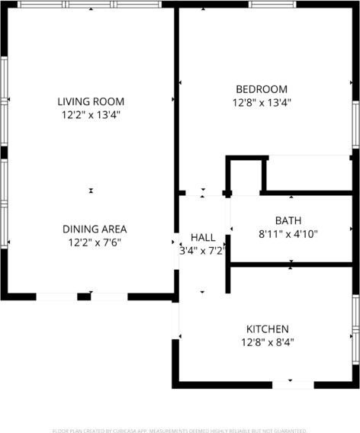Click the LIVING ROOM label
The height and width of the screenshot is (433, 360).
pyautogui.click(x=91, y=101)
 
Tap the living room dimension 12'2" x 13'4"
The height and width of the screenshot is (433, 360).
pyautogui.click(x=91, y=114)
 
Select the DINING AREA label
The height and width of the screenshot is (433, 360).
pyautogui.click(x=95, y=229)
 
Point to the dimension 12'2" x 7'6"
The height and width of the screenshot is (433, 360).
pyautogui.click(x=95, y=242)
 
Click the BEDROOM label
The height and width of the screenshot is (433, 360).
pyautogui.click(x=262, y=89)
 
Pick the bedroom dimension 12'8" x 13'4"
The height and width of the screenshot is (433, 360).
pyautogui.click(x=262, y=103)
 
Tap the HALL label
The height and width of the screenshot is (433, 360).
pyautogui.click(x=203, y=238)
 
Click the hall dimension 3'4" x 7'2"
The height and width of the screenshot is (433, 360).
pyautogui.click(x=203, y=251)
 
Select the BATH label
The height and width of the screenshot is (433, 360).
pyautogui.click(x=288, y=220)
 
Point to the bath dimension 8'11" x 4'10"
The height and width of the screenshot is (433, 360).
pyautogui.click(x=288, y=234)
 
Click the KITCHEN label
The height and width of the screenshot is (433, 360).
pyautogui.click(x=268, y=329)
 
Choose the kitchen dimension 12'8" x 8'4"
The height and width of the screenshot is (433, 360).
pyautogui.click(x=268, y=342)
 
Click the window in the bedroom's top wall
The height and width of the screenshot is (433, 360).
pyautogui.click(x=272, y=4)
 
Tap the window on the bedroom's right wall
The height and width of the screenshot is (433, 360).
pyautogui.click(x=355, y=125)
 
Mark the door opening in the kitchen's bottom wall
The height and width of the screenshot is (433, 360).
pyautogui.click(x=293, y=385)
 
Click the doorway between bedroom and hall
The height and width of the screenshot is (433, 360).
pyautogui.click(x=204, y=193)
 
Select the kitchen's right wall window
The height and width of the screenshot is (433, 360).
pyautogui.click(x=355, y=330)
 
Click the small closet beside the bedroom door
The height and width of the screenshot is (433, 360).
pyautogui.click(x=246, y=176)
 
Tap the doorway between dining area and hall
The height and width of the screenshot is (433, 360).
pyautogui.click(x=176, y=252)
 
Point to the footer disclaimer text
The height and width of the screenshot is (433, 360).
pyautogui.click(x=180, y=431)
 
